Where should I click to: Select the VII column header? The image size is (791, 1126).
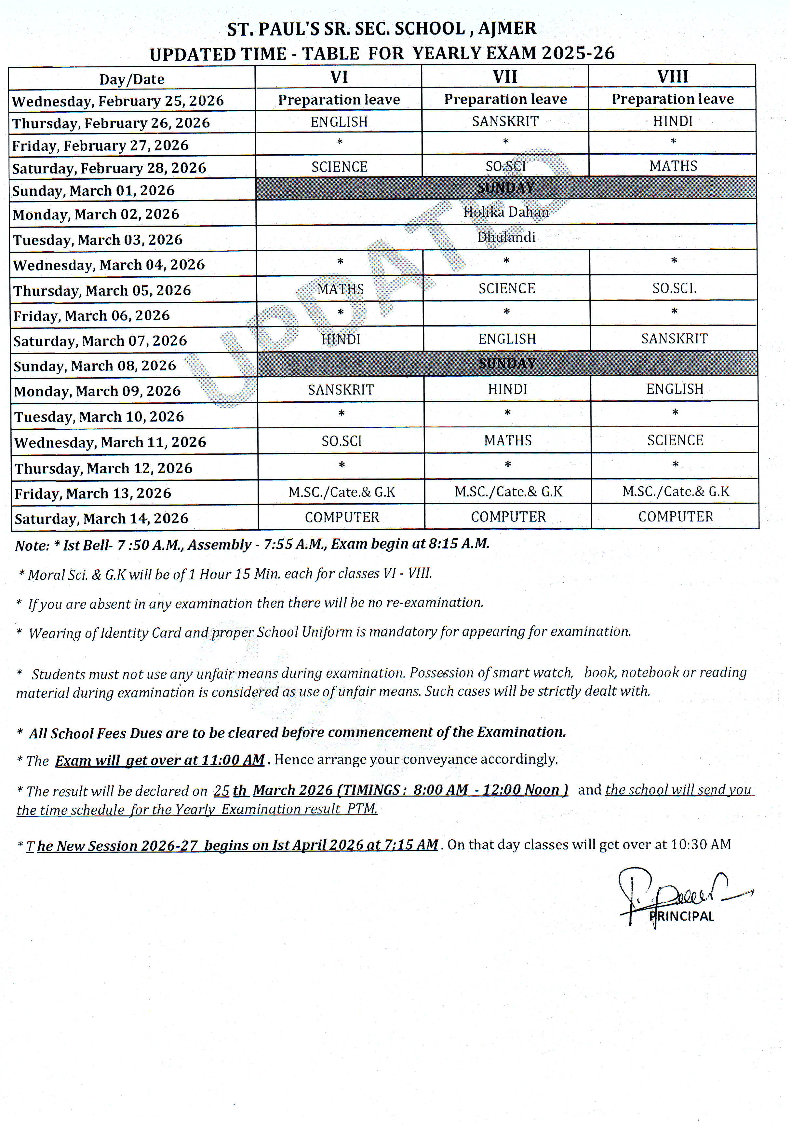505,77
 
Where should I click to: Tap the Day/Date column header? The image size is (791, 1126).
132,79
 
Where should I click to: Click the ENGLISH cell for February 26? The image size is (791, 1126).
339,122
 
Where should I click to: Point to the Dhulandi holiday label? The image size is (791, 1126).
506,237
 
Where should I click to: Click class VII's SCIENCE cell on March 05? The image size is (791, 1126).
507,288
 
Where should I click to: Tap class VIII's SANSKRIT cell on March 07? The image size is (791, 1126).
674,339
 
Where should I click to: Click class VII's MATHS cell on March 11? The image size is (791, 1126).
508,440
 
